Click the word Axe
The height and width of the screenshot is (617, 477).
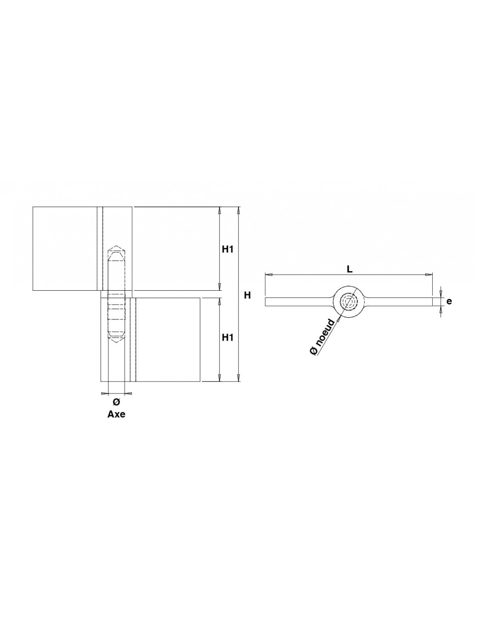point(116,414)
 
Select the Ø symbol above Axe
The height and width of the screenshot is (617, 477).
point(116,402)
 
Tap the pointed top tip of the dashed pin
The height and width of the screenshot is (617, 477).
point(116,246)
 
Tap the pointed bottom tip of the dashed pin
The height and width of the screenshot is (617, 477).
point(116,343)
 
